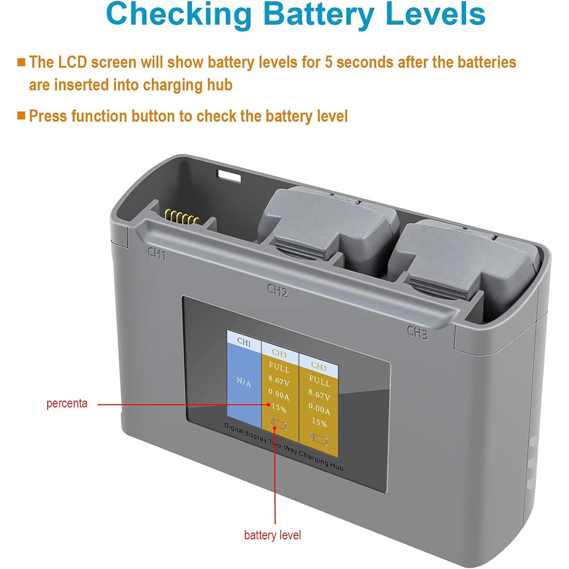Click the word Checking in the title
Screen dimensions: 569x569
click(x=179, y=15)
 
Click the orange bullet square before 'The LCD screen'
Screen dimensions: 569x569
click(x=22, y=62)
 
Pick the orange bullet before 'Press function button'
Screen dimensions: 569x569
click(x=22, y=116)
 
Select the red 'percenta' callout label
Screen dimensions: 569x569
click(x=67, y=403)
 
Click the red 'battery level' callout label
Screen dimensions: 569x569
click(x=273, y=535)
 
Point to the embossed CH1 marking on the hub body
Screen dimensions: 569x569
click(x=157, y=253)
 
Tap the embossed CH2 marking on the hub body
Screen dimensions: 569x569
click(x=278, y=290)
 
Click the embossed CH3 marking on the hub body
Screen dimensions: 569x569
click(x=417, y=332)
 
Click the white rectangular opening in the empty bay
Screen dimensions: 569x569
click(x=229, y=176)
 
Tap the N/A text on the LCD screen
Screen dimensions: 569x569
click(x=244, y=382)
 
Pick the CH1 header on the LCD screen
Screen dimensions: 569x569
click(x=244, y=341)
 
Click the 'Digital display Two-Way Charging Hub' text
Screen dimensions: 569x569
click(x=283, y=447)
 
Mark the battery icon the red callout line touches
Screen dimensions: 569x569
click(x=279, y=424)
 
